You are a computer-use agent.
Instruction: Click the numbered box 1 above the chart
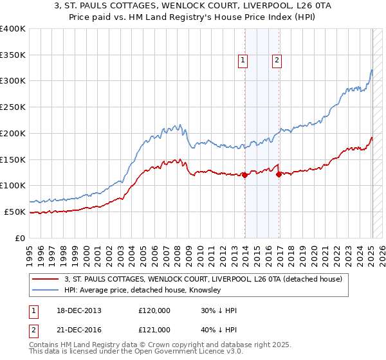243,61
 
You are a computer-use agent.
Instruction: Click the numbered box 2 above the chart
277,61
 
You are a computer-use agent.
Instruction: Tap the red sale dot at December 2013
245,175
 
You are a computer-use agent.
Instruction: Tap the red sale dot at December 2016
279,174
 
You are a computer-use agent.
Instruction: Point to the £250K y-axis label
13,107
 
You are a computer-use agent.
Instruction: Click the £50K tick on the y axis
15,212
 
